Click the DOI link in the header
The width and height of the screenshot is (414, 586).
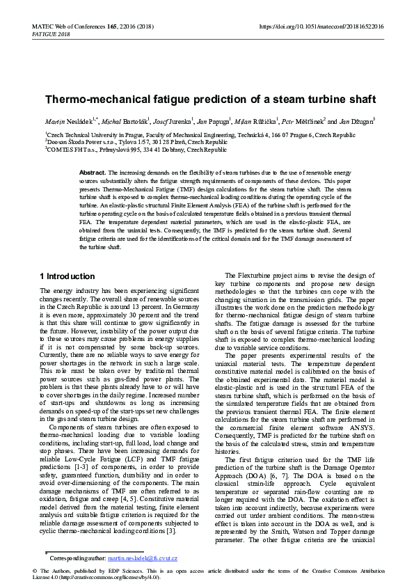[321, 26]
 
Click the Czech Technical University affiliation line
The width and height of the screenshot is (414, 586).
[200, 135]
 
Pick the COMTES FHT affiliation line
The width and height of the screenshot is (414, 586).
[136, 149]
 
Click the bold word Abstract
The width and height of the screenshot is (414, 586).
[92, 171]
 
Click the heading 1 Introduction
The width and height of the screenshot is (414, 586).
[67, 276]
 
